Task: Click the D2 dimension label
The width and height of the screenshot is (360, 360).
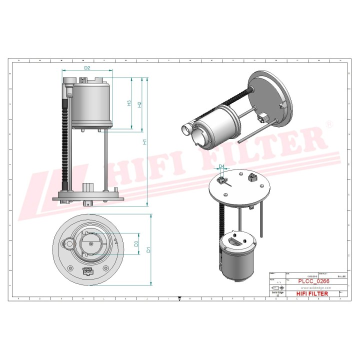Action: tap(86, 67)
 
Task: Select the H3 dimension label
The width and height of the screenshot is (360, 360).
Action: tap(129, 103)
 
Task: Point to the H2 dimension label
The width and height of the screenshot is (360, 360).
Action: tap(140, 104)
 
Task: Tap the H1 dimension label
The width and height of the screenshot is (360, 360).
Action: tap(145, 142)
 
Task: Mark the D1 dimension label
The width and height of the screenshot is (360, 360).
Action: tap(148, 249)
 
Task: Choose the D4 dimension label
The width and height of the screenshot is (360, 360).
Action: tap(221, 166)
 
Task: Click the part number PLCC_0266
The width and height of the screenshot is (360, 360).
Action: tap(313, 281)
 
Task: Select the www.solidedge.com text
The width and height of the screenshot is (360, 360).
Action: tap(313, 288)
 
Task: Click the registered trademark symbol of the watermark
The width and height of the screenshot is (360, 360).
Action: tap(328, 123)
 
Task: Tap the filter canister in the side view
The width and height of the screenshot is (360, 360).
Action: tap(92, 104)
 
